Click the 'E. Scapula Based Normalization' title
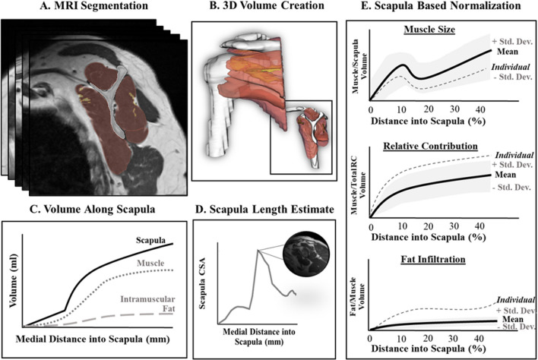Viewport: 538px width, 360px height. pyautogui.click(x=448, y=9)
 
